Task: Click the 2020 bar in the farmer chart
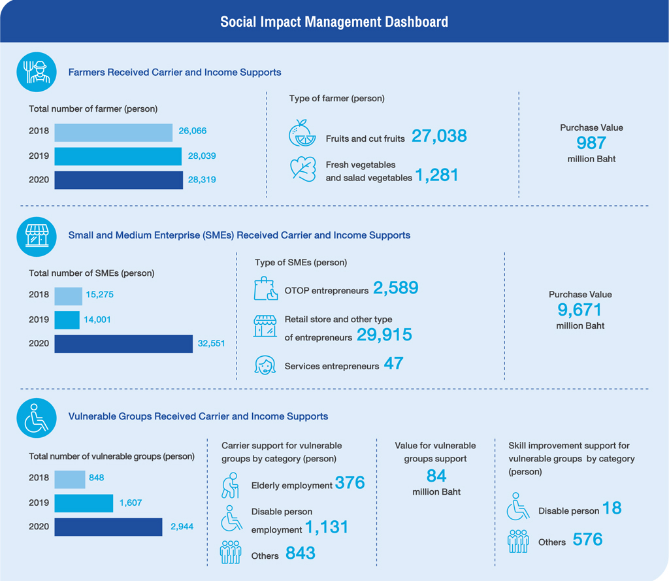pos(119,180)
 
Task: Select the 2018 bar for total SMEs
pos(68,296)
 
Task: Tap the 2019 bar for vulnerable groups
pos(84,503)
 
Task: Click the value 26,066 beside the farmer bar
pos(193,131)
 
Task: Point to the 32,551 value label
pos(211,344)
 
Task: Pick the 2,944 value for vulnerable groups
pos(182,527)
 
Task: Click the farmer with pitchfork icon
pos(37,72)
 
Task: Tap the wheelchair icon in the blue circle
pos(37,418)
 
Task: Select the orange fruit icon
pos(302,133)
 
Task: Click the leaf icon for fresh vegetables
pos(303,169)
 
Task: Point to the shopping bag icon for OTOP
pos(265,289)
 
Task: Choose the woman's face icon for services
pos(265,365)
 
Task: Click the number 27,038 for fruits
pos(439,136)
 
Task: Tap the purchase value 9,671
pos(579,310)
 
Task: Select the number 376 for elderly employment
pos(350,483)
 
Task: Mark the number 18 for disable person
pos(612,508)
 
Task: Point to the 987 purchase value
pos(591,143)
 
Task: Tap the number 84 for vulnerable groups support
pos(436,476)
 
